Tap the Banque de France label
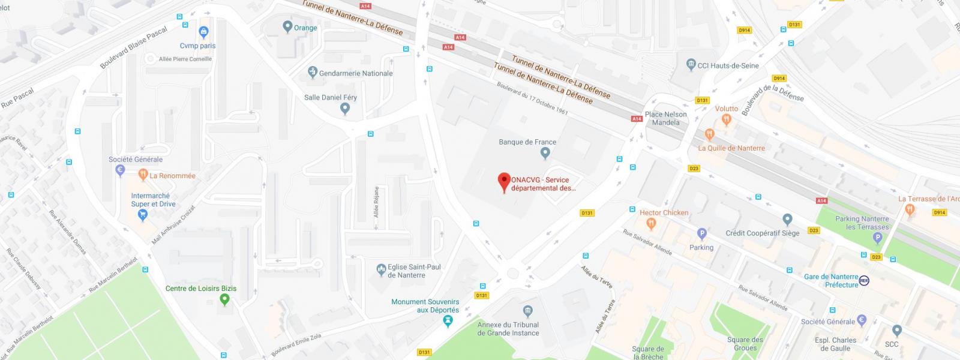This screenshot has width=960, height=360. tap(527, 142)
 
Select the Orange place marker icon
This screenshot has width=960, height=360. tap(287, 26)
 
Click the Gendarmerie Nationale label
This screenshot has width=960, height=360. tap(356, 73)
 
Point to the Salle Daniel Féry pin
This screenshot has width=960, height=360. tap(344, 109)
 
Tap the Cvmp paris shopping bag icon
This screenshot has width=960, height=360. tap(203, 32)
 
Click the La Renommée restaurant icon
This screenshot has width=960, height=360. tap(143, 175)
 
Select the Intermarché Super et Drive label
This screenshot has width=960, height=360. tap(153, 200)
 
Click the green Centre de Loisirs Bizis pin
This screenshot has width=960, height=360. tap(224, 299)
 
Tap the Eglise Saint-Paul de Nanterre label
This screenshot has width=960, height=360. tap(414, 271)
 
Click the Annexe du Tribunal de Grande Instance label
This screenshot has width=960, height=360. tap(508, 329)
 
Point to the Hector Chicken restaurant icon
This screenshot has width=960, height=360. tap(651, 224)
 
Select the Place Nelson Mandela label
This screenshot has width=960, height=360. tap(666, 118)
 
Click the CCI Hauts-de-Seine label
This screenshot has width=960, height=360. tap(728, 65)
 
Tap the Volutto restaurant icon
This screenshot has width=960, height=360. tap(727, 120)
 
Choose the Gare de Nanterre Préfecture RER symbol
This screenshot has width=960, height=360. tap(864, 280)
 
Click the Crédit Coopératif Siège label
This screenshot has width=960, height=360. tap(762, 233)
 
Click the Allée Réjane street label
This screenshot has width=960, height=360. tap(376, 202)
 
